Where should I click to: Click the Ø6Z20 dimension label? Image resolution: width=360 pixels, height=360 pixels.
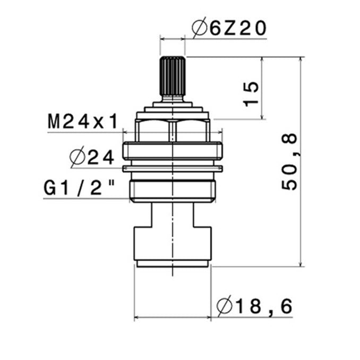click(x=229, y=28)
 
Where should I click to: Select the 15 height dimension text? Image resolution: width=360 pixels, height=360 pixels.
click(x=251, y=94)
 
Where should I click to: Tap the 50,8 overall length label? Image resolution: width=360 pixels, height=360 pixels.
click(x=290, y=162)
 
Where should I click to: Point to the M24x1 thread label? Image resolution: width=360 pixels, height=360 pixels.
click(x=83, y=122)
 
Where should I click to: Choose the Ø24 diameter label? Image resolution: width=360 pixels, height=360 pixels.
click(x=92, y=157)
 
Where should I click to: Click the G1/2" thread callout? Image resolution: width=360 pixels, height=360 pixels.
click(x=79, y=187)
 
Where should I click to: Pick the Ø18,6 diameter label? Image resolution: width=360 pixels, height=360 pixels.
click(x=255, y=306)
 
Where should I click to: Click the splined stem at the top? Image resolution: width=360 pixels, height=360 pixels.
click(x=173, y=76)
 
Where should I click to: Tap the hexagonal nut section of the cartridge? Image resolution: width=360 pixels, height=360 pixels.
click(x=173, y=131)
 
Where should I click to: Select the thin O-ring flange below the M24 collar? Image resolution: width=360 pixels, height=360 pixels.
click(x=173, y=169)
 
